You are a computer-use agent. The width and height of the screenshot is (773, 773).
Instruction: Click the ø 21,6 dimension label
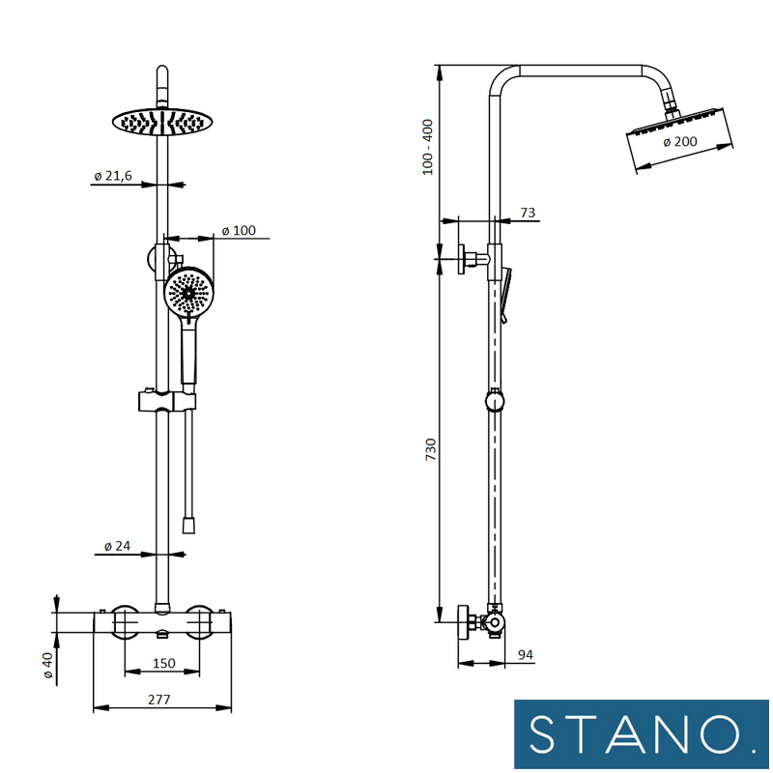click(x=113, y=175)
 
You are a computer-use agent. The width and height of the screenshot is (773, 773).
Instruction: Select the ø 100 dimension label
click(x=238, y=230)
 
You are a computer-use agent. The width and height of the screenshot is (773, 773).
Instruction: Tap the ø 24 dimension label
click(x=116, y=547)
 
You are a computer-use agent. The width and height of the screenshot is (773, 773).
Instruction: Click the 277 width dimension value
click(x=161, y=699)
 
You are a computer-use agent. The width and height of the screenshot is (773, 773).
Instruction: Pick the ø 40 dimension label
click(x=45, y=666)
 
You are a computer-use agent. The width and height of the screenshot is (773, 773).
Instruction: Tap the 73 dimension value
click(x=528, y=213)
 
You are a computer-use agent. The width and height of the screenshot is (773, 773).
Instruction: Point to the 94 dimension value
click(x=526, y=655)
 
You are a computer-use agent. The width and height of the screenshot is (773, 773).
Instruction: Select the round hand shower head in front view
click(x=188, y=292)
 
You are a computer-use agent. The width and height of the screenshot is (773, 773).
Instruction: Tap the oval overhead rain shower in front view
click(x=161, y=121)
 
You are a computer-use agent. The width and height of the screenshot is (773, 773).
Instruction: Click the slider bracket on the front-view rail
click(x=166, y=400)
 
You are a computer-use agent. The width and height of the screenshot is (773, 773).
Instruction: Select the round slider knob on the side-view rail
click(x=494, y=400)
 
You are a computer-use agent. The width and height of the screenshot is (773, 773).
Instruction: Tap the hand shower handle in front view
click(x=188, y=358)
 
